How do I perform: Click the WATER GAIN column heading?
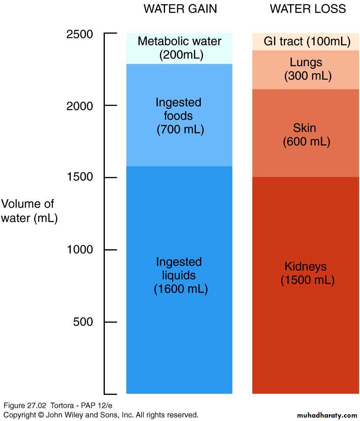(180, 9)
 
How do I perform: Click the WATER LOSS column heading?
(308, 9)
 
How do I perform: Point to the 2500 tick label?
(80, 34)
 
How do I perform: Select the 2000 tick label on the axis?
(80, 106)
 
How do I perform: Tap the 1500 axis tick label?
(80, 178)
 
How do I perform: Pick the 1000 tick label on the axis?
(80, 250)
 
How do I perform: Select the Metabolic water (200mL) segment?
(179, 48)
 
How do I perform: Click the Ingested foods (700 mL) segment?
(179, 115)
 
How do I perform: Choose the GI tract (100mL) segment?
(306, 42)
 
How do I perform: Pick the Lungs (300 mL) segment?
(306, 69)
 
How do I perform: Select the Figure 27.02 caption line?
(52, 406)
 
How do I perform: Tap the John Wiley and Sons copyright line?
(101, 415)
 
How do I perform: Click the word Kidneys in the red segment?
(306, 266)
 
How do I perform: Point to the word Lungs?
(306, 63)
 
